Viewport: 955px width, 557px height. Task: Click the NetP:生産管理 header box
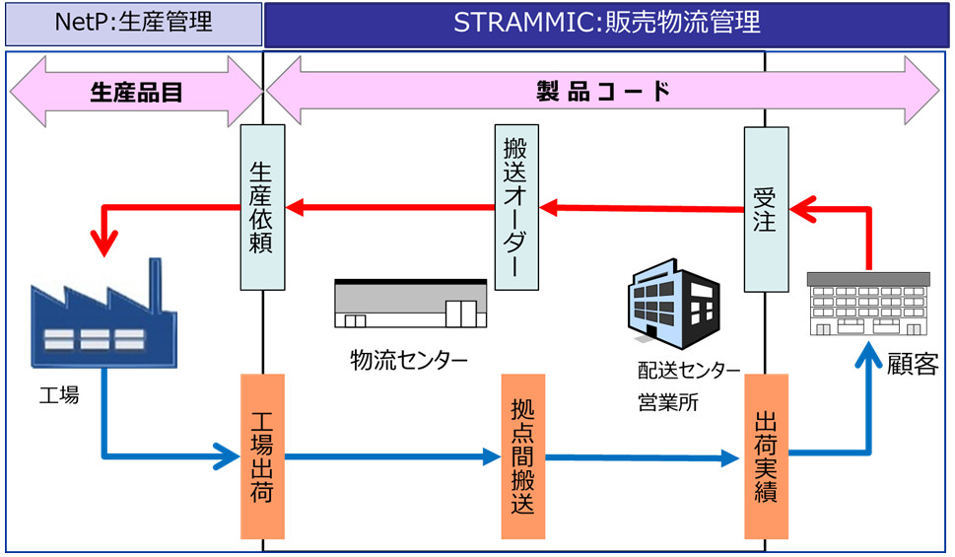[134, 24]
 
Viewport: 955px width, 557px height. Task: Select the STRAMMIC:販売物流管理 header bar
[606, 24]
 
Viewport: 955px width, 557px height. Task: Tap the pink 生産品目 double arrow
[136, 92]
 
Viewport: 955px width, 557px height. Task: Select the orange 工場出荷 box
[262, 455]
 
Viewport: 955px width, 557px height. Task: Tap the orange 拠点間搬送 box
[522, 456]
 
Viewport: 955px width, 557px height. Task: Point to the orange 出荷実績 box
[766, 456]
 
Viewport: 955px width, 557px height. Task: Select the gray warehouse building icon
[411, 304]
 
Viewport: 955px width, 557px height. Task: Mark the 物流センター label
[410, 359]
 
